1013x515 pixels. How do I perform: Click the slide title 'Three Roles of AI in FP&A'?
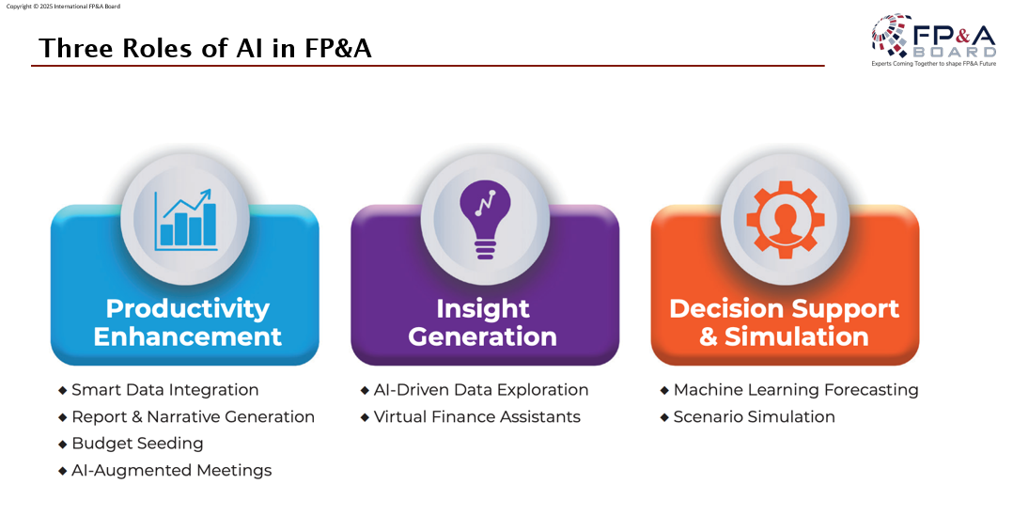click(205, 48)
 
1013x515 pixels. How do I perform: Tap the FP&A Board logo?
click(933, 38)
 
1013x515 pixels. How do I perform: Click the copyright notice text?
click(63, 6)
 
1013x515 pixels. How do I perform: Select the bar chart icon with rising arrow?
click(187, 218)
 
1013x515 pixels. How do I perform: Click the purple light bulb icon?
click(485, 218)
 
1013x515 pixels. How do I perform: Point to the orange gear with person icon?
click(785, 218)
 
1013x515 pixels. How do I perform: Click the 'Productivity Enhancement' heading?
click(187, 322)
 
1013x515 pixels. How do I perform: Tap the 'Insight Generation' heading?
click(483, 322)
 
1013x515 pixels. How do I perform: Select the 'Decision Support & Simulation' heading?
click(785, 322)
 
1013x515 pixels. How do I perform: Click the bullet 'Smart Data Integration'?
click(164, 390)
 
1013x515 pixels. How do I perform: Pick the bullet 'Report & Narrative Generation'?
click(193, 416)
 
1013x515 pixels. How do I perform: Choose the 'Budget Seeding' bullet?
click(137, 444)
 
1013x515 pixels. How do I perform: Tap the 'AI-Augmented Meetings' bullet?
click(171, 470)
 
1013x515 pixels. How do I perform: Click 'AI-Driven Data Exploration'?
click(481, 390)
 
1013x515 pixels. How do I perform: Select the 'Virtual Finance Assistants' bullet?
click(476, 416)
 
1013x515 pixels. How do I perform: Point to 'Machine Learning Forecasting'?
click(796, 390)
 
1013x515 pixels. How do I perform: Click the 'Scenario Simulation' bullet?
click(754, 416)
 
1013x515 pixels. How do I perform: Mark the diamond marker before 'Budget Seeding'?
click(63, 444)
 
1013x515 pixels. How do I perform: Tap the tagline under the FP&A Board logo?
click(933, 64)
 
